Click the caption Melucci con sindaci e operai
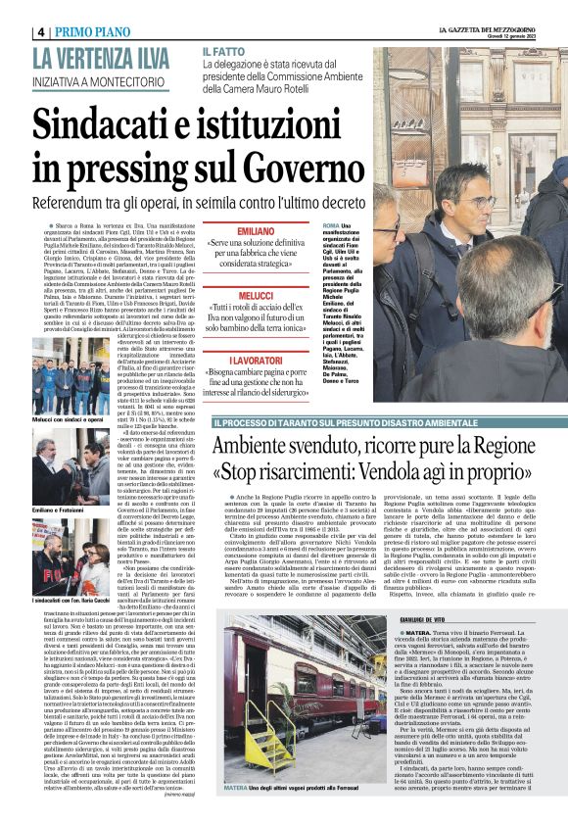68,418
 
